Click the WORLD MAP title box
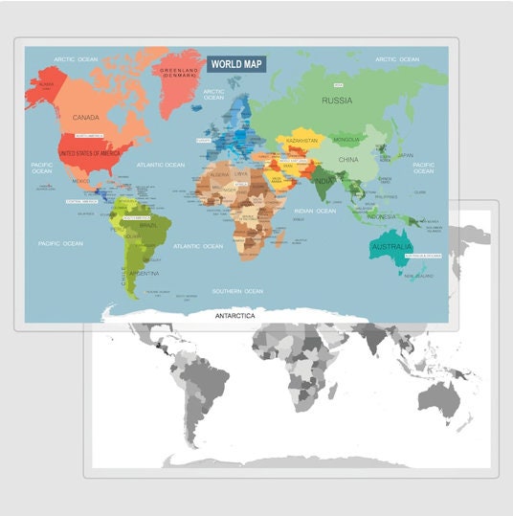(x=236, y=64)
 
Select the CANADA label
(x=86, y=118)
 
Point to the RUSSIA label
(x=336, y=100)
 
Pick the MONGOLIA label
(x=346, y=140)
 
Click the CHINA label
(x=348, y=159)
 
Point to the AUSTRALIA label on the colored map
(x=390, y=248)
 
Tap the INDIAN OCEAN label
(x=315, y=211)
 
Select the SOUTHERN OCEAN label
(x=237, y=291)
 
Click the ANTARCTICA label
(x=234, y=314)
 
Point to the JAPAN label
(x=405, y=155)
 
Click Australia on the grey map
(x=435, y=393)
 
